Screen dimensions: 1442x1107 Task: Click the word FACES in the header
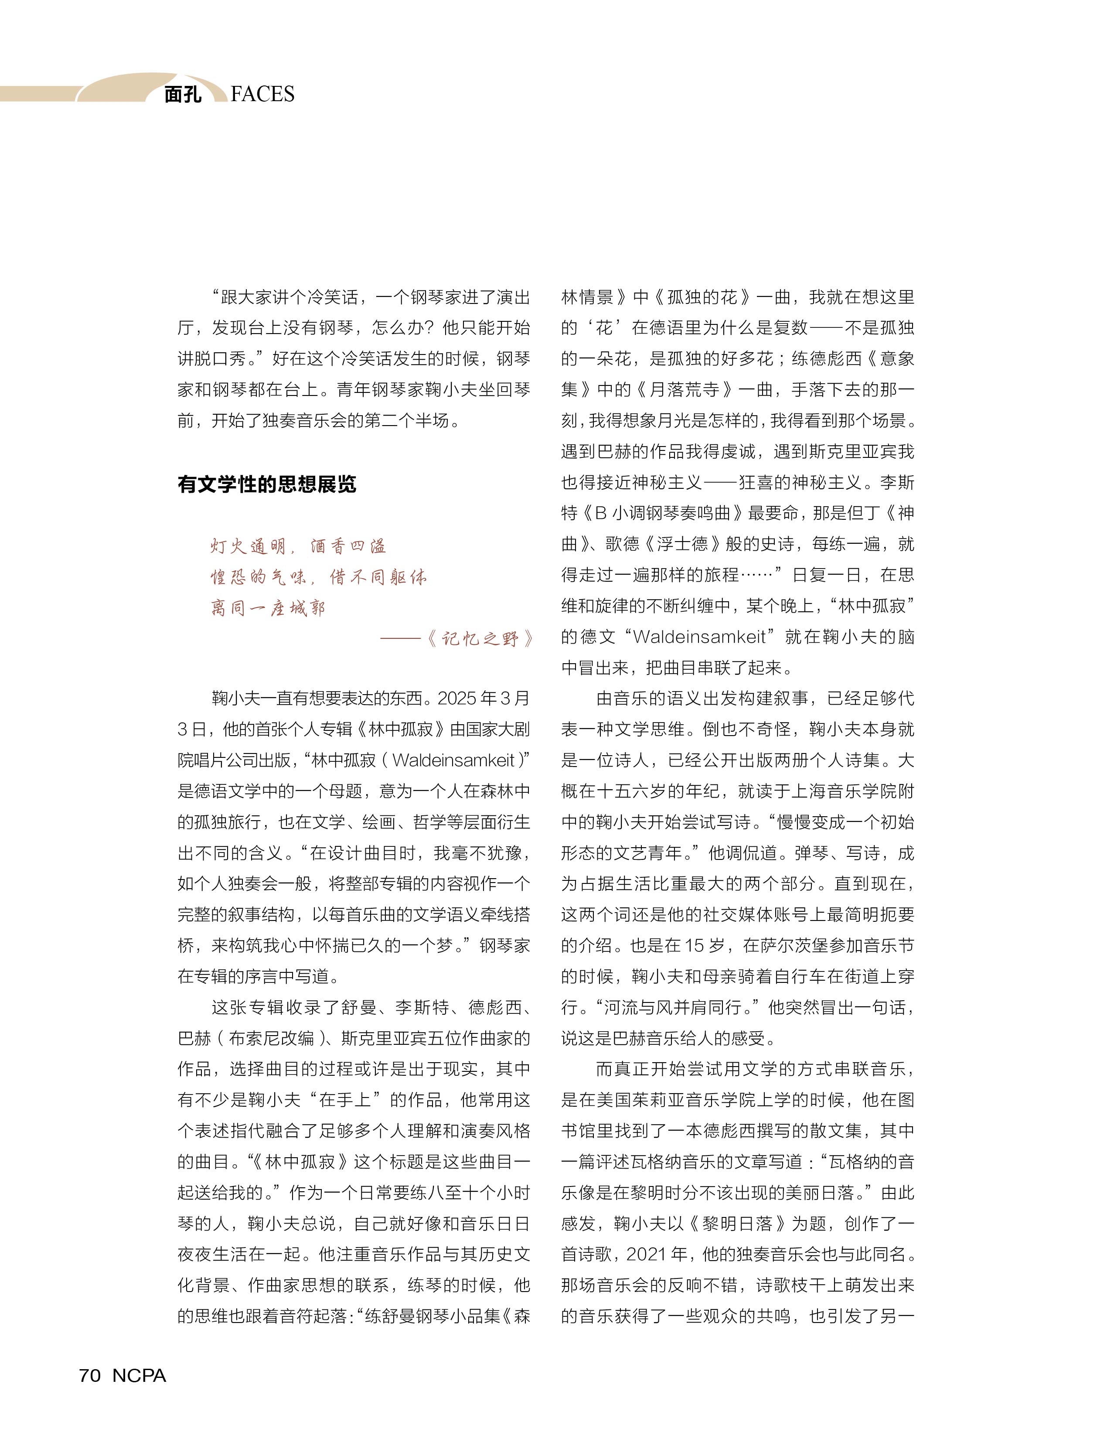point(262,95)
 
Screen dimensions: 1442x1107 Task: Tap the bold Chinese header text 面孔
point(183,95)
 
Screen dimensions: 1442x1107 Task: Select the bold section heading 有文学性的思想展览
point(267,484)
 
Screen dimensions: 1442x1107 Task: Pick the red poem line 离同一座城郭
point(268,608)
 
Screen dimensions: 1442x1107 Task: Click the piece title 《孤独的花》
point(702,297)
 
